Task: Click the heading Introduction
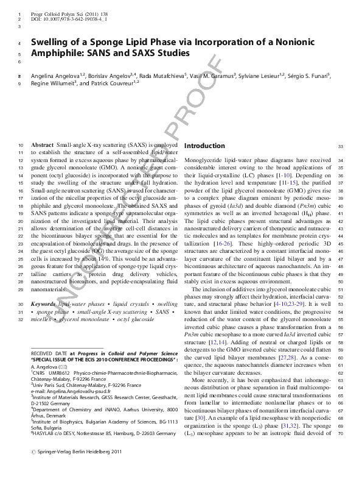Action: click(x=204, y=146)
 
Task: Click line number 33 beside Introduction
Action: click(x=341, y=146)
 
